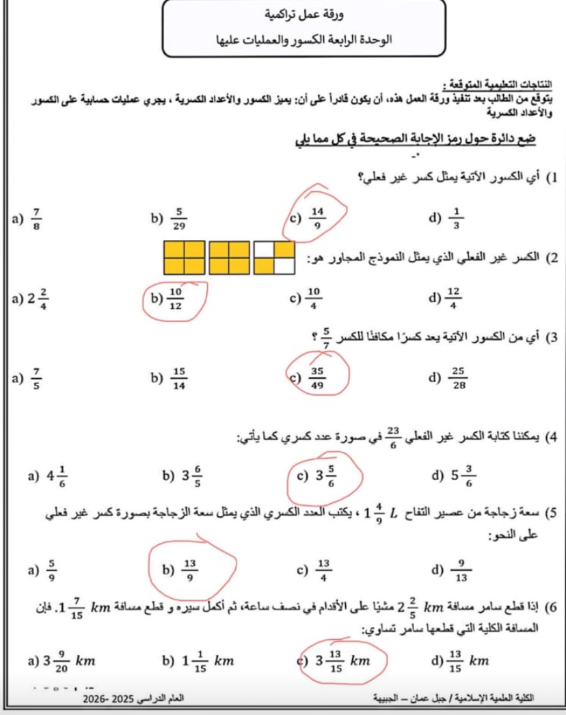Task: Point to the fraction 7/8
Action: [x=36, y=218]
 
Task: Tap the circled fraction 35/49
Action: [x=317, y=377]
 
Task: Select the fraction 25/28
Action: [x=459, y=377]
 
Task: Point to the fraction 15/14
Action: [x=180, y=377]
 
